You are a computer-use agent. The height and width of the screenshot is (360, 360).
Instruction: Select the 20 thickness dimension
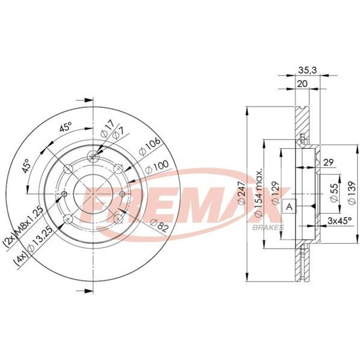302,84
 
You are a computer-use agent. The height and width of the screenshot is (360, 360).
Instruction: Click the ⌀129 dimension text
275,193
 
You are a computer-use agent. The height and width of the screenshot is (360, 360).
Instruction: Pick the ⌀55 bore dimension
334,193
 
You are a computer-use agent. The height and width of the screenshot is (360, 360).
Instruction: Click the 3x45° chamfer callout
339,221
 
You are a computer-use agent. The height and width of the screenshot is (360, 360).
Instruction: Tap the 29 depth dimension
328,162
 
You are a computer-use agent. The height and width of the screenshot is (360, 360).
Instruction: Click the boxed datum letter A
290,207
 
